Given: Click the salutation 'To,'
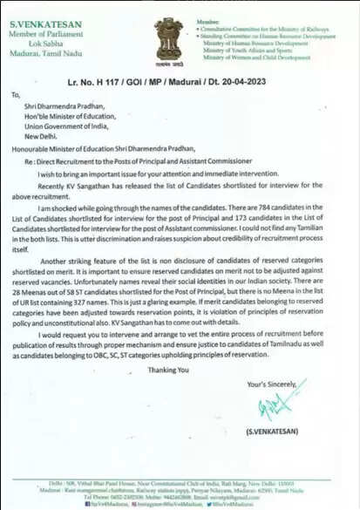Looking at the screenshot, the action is pyautogui.click(x=15, y=95).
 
